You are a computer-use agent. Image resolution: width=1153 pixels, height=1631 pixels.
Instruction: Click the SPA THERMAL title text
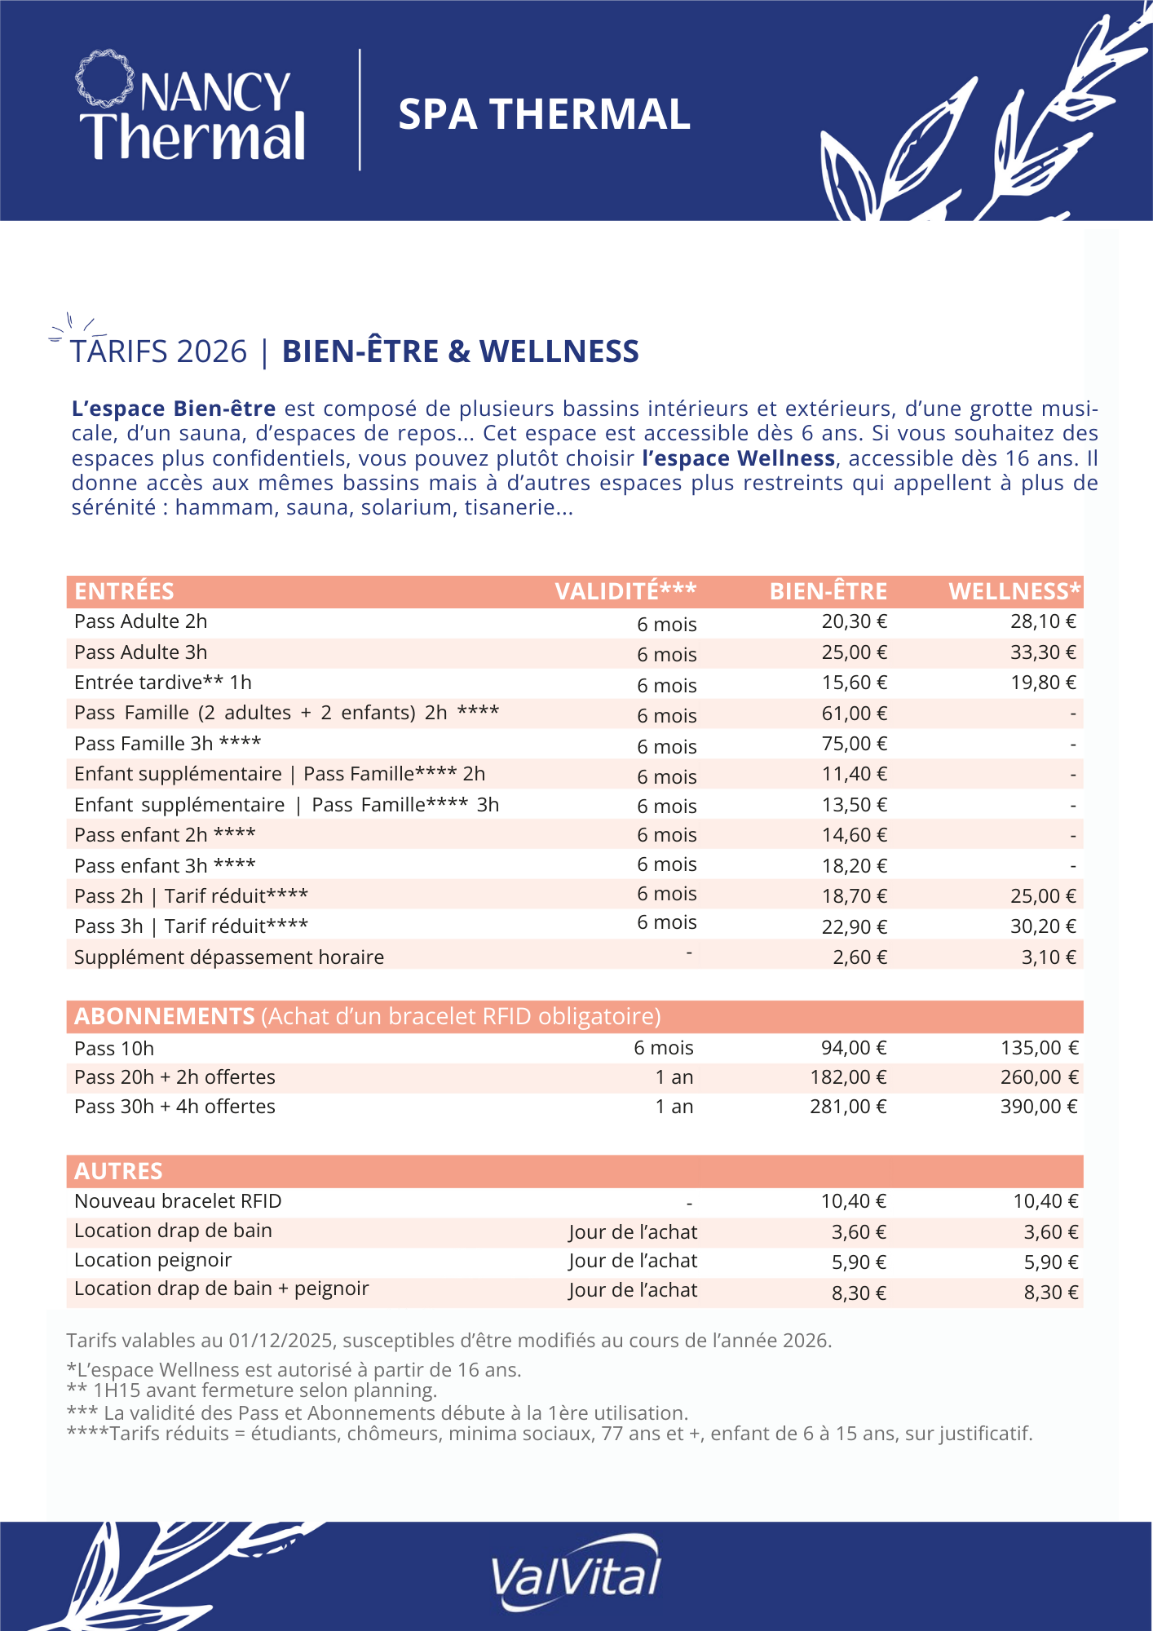[x=544, y=114]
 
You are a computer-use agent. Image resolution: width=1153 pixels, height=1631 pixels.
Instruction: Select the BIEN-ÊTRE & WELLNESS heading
[x=460, y=351]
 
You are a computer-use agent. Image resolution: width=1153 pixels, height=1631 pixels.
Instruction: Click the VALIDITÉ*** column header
[x=625, y=591]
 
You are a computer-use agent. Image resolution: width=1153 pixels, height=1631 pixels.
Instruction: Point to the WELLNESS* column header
[x=1014, y=591]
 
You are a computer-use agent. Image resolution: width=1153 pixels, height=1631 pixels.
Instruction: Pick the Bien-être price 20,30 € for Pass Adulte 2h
[x=854, y=621]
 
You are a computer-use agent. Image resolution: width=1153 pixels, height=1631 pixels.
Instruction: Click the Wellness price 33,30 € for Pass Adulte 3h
[x=1043, y=652]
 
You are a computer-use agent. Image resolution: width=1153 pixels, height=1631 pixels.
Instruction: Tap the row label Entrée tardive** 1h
[x=163, y=683]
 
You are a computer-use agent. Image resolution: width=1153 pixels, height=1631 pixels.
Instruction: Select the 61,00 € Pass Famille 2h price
[x=854, y=714]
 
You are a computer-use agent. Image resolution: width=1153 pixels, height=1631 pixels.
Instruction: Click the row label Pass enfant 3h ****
[x=165, y=865]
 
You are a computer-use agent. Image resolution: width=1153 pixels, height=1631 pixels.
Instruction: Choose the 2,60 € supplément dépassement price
[x=859, y=957]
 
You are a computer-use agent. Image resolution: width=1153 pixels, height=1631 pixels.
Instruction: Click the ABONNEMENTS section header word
[x=165, y=1016]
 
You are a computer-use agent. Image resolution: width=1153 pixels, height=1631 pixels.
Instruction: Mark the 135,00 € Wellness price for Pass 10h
[x=1039, y=1048]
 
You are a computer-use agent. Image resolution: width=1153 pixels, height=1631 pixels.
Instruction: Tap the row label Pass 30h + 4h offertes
[x=174, y=1107]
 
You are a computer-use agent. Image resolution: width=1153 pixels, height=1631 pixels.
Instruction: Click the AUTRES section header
[x=118, y=1171]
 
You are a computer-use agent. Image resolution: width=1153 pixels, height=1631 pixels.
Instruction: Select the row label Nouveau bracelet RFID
[x=178, y=1201]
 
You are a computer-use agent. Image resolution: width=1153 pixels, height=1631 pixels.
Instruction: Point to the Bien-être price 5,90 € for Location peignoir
[x=859, y=1262]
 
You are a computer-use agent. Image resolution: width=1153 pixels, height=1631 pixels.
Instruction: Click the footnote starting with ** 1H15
[x=252, y=1390]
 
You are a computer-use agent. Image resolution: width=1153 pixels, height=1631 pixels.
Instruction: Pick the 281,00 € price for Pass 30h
[x=848, y=1107]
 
